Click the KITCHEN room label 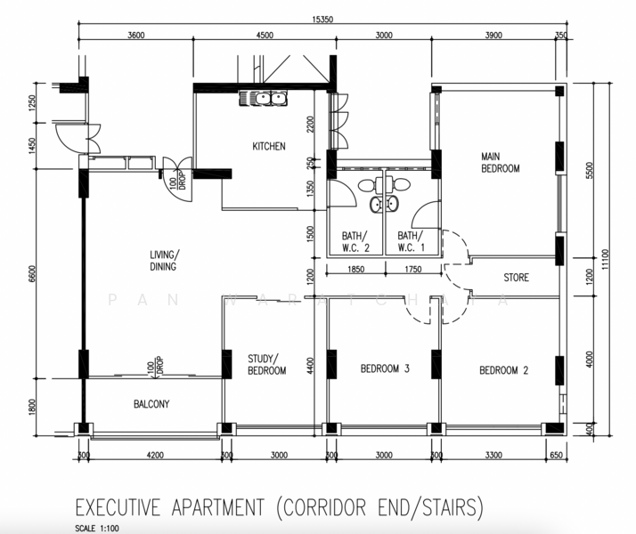pyautogui.click(x=268, y=147)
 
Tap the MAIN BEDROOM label pyautogui.click(x=500, y=162)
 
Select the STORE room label pyautogui.click(x=516, y=278)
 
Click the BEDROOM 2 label pyautogui.click(x=503, y=370)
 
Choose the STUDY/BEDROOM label pyautogui.click(x=266, y=365)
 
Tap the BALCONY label pyautogui.click(x=151, y=404)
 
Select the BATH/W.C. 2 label pyautogui.click(x=357, y=241)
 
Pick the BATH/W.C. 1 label pyautogui.click(x=412, y=241)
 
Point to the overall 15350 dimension pyautogui.click(x=322, y=19)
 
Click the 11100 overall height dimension pyautogui.click(x=607, y=258)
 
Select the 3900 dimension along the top pyautogui.click(x=493, y=36)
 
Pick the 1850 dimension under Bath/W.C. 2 pyautogui.click(x=355, y=268)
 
